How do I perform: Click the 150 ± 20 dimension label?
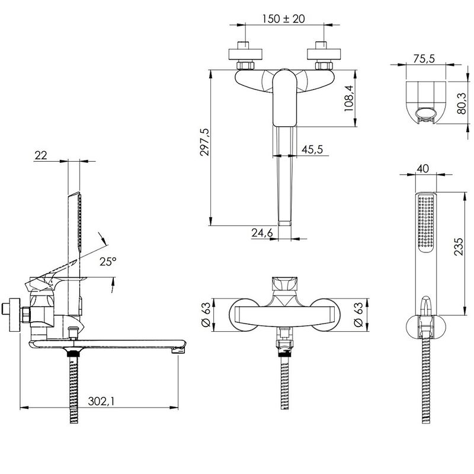[x=283, y=19]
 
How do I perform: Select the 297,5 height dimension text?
[x=204, y=142]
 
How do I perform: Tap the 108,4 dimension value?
[x=348, y=98]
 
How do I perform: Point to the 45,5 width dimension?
[x=312, y=149]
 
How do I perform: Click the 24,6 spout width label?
[x=262, y=232]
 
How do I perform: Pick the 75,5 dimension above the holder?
[x=424, y=58]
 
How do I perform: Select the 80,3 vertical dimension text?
[x=462, y=103]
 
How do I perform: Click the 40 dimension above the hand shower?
[x=422, y=168]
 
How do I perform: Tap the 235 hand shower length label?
[x=458, y=246]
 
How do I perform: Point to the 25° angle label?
[x=108, y=261]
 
